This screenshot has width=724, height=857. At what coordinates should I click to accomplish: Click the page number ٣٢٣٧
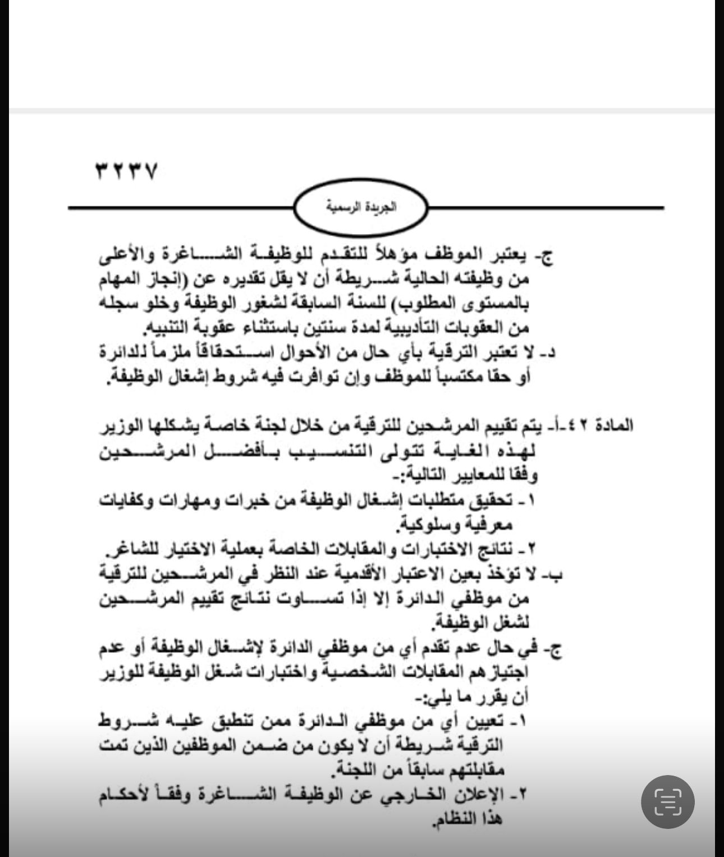(126, 170)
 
